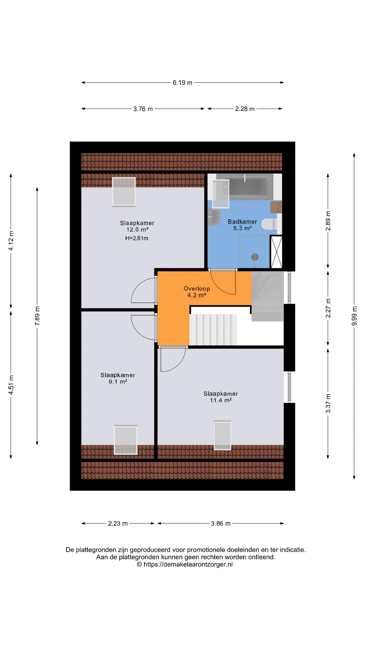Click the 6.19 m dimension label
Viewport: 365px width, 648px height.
coord(182,83)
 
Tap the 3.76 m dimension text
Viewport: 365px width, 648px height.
coord(143,109)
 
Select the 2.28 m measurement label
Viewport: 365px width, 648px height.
coord(245,109)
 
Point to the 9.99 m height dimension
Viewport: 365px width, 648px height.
coord(354,316)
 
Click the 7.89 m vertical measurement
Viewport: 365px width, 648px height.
coord(37,316)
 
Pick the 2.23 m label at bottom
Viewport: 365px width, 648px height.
coord(118,523)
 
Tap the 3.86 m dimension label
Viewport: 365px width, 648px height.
coord(221,523)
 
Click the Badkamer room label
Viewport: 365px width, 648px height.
coord(242,222)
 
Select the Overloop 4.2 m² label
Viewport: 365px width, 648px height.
coord(197,292)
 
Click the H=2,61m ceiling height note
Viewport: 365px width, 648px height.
coord(137,238)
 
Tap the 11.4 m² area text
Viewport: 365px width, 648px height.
coord(221,400)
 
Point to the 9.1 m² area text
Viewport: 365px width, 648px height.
coord(118,382)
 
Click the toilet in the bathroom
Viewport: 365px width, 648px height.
coord(270,224)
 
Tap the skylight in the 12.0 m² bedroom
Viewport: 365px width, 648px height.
coord(124,192)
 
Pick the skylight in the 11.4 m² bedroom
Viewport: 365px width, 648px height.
coord(222,435)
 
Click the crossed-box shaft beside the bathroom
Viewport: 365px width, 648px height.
coord(276,252)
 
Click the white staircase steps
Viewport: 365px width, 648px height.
coord(213,330)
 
